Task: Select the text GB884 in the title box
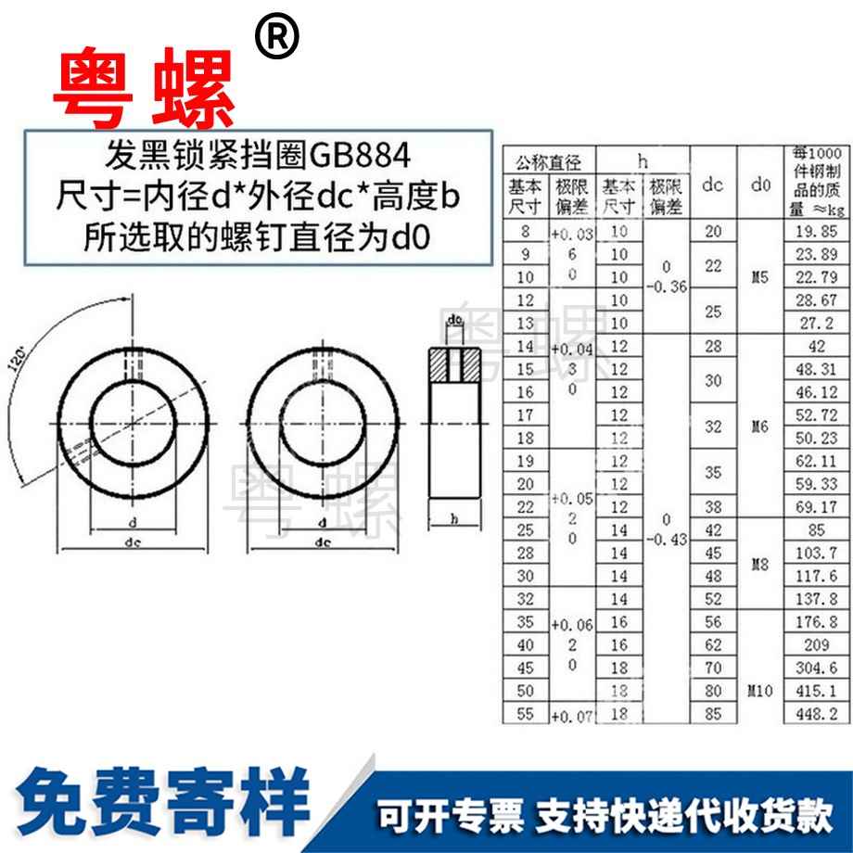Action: (357, 153)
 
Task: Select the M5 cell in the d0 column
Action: (761, 276)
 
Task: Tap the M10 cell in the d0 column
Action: (761, 691)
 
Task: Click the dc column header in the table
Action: (712, 185)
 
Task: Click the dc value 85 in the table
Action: (712, 713)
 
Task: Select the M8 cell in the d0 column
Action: (761, 564)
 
